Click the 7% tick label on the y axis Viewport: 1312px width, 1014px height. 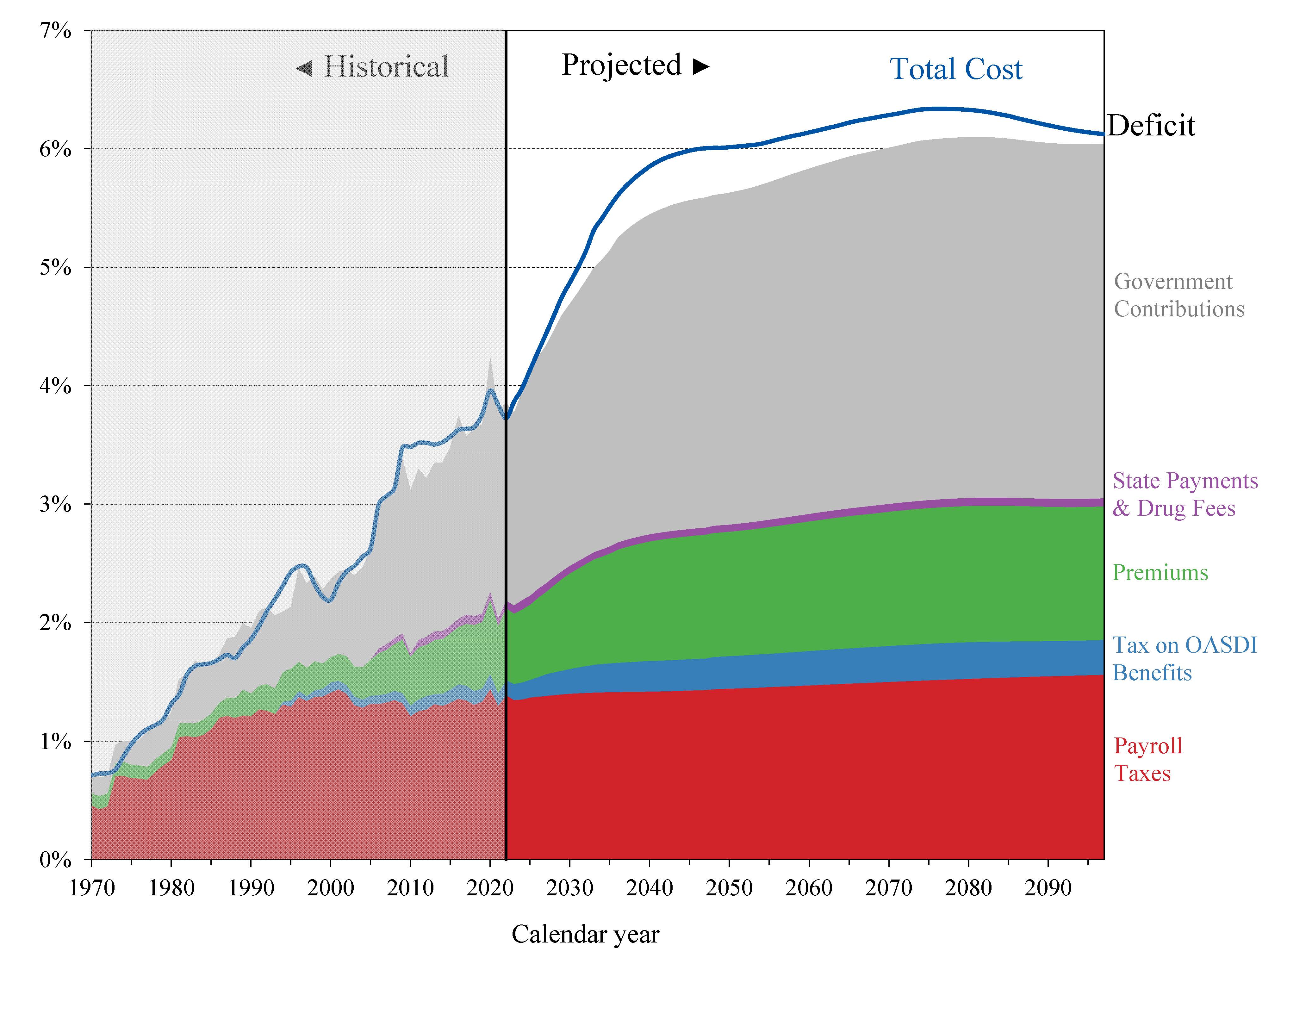point(55,30)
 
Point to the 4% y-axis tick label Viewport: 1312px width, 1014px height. point(55,386)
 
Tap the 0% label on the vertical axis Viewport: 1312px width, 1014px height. point(55,860)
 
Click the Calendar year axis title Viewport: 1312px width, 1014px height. point(585,934)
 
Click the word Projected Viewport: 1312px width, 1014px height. point(621,65)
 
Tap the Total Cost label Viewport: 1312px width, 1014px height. point(956,69)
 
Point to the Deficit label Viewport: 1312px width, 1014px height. point(1151,126)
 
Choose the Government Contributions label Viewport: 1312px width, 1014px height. point(1178,295)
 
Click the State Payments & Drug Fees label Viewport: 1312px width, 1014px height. point(1185,495)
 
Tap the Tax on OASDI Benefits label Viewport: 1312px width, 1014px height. point(1184,659)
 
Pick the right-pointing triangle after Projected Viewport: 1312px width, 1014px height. point(700,67)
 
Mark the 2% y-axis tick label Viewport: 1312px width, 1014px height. point(55,623)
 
